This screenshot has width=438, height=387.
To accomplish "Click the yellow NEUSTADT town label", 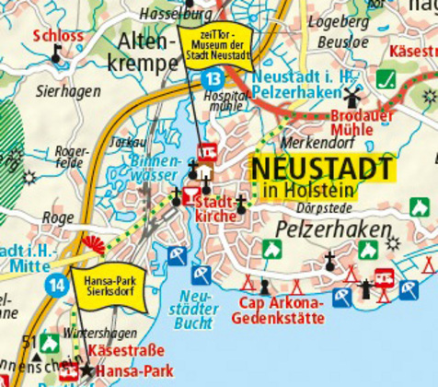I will [321, 169].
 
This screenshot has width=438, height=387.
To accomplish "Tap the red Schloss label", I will [57, 37].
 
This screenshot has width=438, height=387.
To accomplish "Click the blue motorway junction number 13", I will [213, 78].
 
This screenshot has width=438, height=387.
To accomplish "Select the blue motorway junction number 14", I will [58, 285].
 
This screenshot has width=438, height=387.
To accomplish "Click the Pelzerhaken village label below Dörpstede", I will [317, 224].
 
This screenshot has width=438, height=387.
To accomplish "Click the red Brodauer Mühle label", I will [359, 121].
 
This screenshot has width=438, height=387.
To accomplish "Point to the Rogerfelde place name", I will [73, 157].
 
